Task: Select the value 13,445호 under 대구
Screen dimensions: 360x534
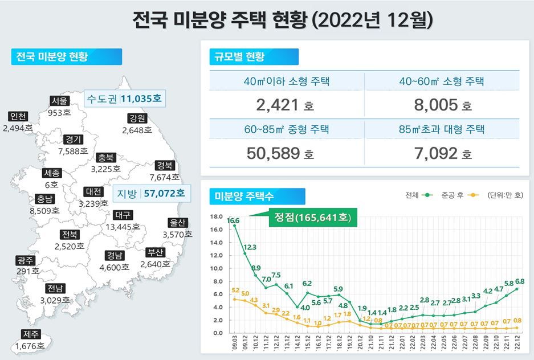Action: (x=123, y=226)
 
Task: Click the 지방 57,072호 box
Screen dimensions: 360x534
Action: (x=150, y=194)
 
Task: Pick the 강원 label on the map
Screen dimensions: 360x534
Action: (x=137, y=118)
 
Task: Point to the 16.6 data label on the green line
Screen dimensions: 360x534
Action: (x=233, y=220)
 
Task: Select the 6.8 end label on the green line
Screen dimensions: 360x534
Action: (x=519, y=281)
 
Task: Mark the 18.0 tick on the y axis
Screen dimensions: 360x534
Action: (x=216, y=216)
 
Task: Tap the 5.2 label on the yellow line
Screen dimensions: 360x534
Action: (x=236, y=291)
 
